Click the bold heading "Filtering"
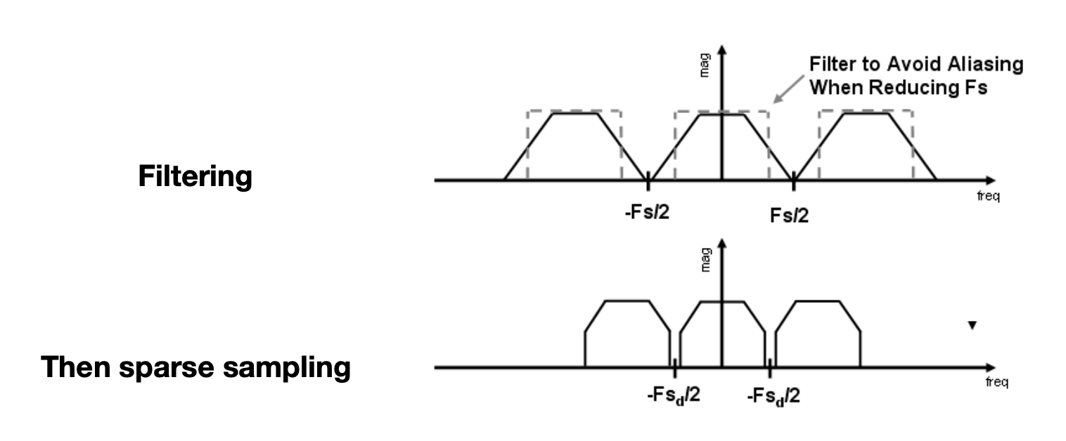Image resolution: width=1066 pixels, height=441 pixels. click(195, 176)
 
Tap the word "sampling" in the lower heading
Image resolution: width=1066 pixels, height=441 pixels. click(286, 368)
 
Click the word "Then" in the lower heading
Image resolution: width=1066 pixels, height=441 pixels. click(76, 367)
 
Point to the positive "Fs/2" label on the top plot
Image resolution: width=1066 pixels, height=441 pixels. click(789, 216)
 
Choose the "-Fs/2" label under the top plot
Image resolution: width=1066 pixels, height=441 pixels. click(647, 212)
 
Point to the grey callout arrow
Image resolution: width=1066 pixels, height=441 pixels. click(788, 89)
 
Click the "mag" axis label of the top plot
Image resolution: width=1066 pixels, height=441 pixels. click(705, 65)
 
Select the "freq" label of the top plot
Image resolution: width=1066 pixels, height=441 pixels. click(989, 196)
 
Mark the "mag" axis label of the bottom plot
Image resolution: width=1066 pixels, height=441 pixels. click(705, 259)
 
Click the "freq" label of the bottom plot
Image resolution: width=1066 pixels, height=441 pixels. click(997, 382)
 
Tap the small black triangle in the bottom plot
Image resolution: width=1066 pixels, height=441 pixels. click(972, 326)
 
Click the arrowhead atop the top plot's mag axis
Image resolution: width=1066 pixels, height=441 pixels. click(722, 50)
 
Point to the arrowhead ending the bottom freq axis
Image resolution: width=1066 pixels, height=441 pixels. click(991, 368)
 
